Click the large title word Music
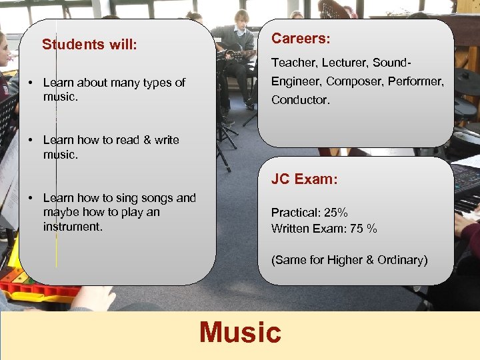240,332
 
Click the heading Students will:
89,45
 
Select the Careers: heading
301,39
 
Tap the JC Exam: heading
304,179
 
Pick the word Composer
358,81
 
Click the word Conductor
300,100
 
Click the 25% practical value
335,213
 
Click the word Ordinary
401,260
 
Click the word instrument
73,227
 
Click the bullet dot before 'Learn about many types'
31,83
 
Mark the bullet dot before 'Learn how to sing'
31,198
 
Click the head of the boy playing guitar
242,17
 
